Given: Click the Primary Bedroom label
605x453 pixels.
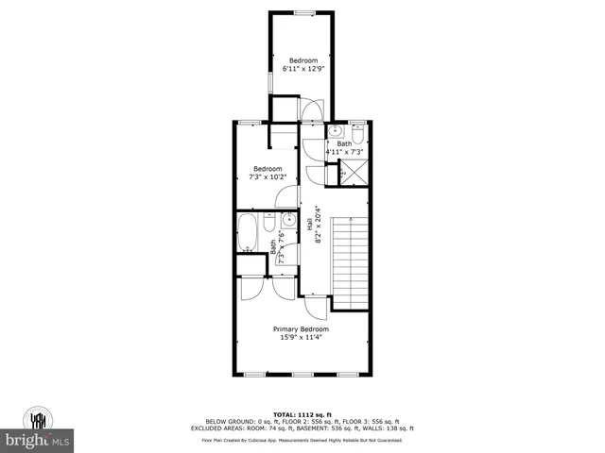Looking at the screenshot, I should coord(301,329).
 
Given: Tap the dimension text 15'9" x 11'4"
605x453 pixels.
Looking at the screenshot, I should coord(301,338).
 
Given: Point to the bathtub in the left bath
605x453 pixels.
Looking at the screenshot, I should coord(249,233).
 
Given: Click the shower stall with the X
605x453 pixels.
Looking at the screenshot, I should coord(354,173).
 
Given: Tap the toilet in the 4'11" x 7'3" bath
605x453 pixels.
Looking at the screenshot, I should coord(358,134).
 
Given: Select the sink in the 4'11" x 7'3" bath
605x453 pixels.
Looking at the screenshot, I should coord(336,133).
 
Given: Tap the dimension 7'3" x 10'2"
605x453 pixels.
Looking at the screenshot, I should coord(267,176).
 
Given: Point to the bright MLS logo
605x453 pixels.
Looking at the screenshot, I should coord(37,440).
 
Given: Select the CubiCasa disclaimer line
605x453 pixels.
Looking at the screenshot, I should coord(302,440).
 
